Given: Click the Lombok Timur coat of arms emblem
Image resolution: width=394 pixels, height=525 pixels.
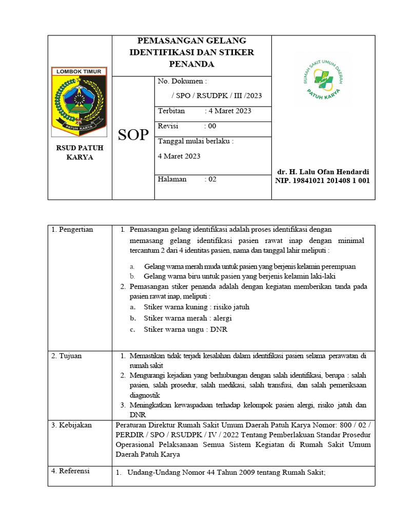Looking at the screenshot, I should pos(79,101).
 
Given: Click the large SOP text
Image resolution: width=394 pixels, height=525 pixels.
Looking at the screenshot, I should pos(133,135).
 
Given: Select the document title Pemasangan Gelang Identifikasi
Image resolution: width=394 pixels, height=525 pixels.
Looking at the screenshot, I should pos(191,52).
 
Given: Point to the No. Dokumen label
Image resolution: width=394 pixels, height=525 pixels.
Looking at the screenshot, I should pos(182,81).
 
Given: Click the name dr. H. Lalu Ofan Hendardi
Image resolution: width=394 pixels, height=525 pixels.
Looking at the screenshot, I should pos(323,172).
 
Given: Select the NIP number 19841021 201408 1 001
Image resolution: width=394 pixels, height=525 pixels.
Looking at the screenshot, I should pos(323,180).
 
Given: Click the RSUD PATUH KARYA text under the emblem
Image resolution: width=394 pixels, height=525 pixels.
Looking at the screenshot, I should pos(80,153).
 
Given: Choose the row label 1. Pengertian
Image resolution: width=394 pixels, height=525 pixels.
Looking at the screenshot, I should pos(72,230).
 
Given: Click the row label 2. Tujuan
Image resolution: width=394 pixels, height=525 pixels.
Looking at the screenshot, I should pos(67,356).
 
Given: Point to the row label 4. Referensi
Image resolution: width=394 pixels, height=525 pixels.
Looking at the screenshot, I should pos(71,471).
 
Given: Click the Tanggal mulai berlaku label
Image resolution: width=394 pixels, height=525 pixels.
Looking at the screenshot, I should pos(195,141).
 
